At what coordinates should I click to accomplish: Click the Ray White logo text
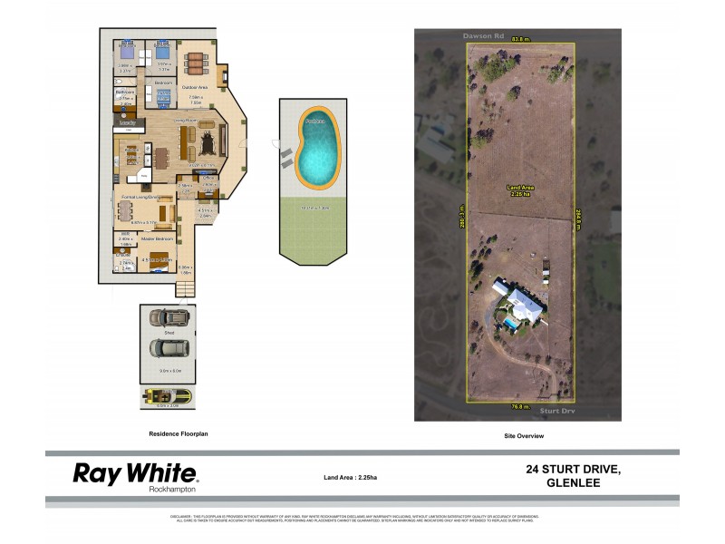click(x=134, y=472)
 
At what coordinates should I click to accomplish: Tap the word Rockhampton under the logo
click(x=172, y=490)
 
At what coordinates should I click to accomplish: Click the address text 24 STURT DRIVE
click(x=574, y=468)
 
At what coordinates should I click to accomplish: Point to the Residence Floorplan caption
click(x=179, y=434)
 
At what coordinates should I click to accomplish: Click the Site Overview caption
click(x=523, y=436)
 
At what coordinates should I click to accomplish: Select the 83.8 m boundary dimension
click(x=519, y=38)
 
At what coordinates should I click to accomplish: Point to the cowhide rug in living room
click(x=208, y=141)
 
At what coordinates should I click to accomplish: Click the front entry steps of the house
click(x=185, y=288)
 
